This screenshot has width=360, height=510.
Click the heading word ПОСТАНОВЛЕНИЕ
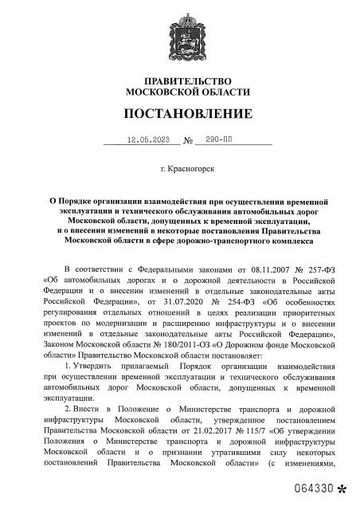[180, 113]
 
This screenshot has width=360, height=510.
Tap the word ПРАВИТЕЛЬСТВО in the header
[180, 82]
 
